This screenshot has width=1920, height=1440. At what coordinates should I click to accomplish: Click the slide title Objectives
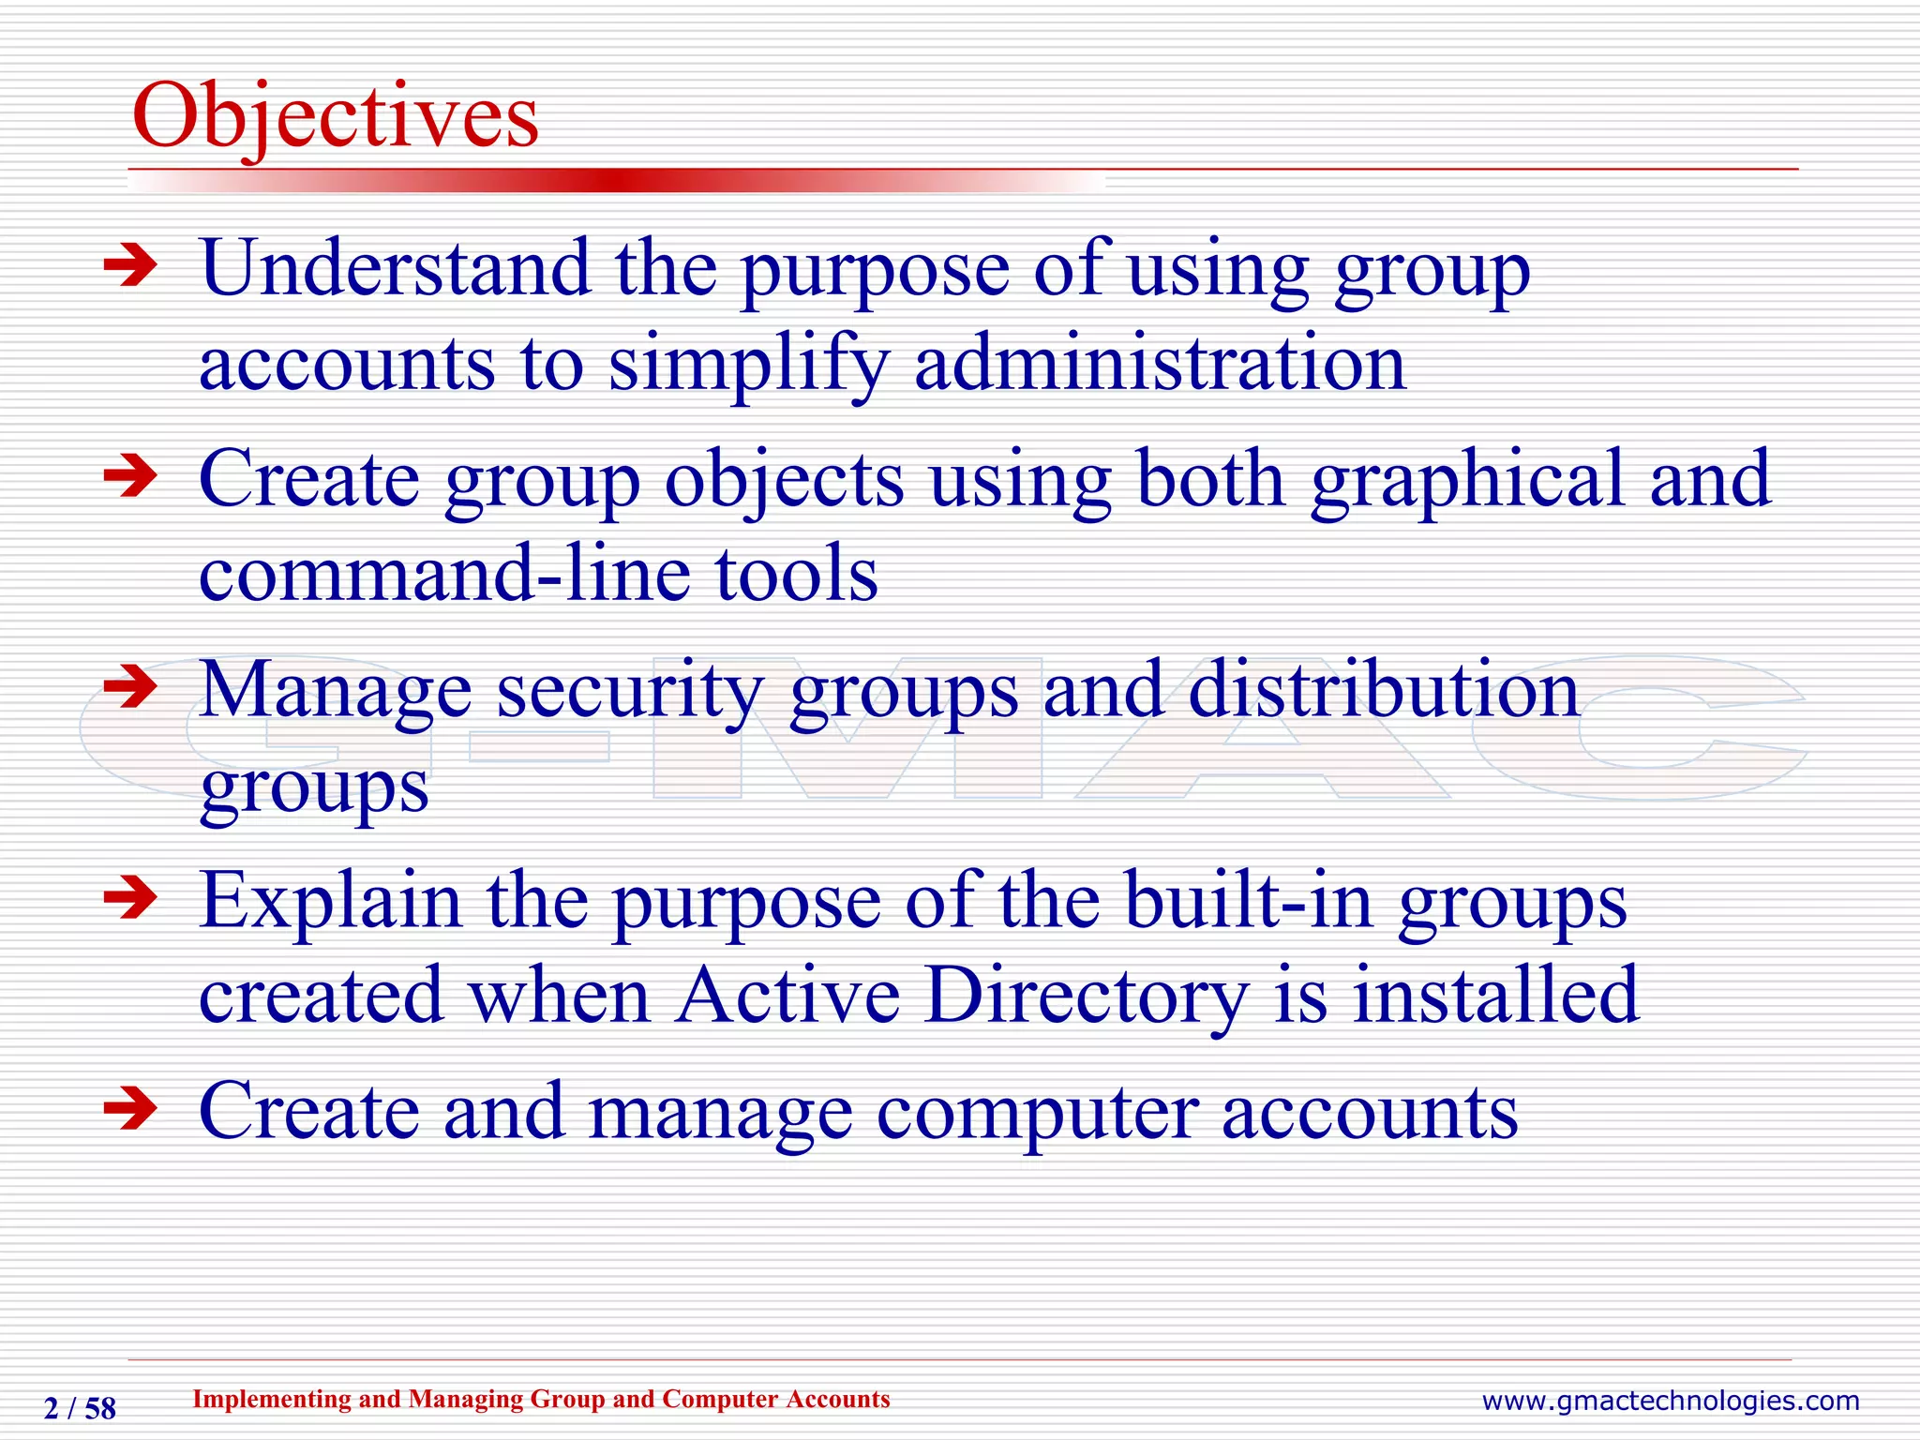336,117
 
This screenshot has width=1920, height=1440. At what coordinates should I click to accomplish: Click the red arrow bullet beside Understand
130,266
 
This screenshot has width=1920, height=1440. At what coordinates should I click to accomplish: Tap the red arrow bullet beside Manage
130,687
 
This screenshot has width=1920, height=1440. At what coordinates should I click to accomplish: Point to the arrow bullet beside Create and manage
130,1110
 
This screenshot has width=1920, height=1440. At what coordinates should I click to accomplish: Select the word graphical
1467,480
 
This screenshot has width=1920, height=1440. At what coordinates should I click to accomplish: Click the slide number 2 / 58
80,1408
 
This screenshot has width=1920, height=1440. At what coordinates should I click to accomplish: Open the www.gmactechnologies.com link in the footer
1670,1401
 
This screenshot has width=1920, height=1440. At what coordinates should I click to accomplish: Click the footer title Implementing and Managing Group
541,1399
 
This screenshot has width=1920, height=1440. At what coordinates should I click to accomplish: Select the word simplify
748,365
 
